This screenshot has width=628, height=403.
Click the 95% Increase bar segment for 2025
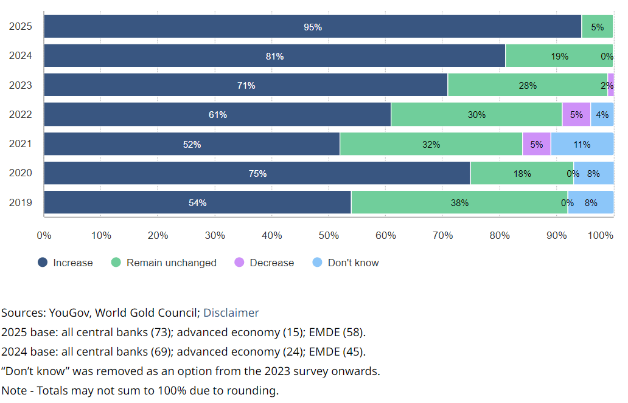pyautogui.click(x=312, y=27)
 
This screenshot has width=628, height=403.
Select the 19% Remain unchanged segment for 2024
pyautogui.click(x=559, y=56)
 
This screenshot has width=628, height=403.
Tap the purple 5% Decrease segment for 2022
pyautogui.click(x=576, y=114)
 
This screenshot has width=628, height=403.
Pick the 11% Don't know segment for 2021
pyautogui.click(x=582, y=144)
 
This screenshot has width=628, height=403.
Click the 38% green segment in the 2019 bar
pyautogui.click(x=459, y=202)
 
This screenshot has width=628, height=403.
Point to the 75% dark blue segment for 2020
pyautogui.click(x=257, y=173)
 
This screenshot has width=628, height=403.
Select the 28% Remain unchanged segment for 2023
pyautogui.click(x=527, y=85)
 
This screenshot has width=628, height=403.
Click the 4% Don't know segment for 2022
pyautogui.click(x=602, y=114)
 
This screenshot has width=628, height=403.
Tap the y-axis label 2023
pyautogui.click(x=20, y=85)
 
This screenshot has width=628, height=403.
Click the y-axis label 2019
pyautogui.click(x=20, y=202)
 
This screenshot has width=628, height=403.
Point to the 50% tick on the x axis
pyautogui.click(x=329, y=235)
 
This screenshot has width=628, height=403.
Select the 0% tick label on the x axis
pyautogui.click(x=44, y=235)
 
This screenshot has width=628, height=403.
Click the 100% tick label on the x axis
pyautogui.click(x=601, y=235)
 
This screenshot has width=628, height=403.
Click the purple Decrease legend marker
pyautogui.click(x=239, y=263)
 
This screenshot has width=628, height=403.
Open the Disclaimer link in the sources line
pyautogui.click(x=231, y=313)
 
